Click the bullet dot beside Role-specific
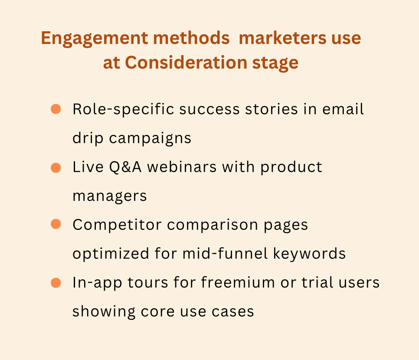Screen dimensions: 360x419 pyautogui.click(x=56, y=109)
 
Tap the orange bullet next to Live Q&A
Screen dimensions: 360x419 pyautogui.click(x=56, y=167)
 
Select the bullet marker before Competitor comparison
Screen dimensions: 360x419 pyautogui.click(x=56, y=224)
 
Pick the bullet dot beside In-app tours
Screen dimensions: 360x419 pyautogui.click(x=56, y=283)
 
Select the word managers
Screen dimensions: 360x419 pyautogui.click(x=110, y=196)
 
